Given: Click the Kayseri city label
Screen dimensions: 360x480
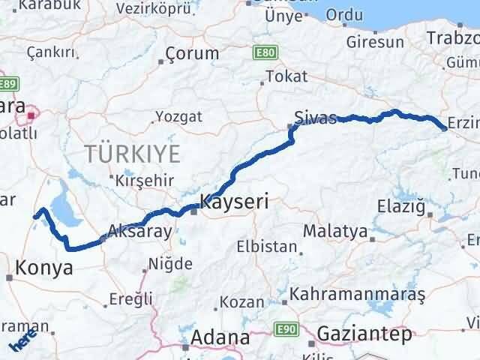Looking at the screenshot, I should pyautogui.click(x=234, y=202).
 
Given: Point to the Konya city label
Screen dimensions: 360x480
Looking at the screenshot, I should pyautogui.click(x=44, y=267).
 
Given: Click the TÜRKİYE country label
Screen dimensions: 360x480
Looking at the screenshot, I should pyautogui.click(x=132, y=155).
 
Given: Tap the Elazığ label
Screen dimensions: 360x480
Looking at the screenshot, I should pyautogui.click(x=404, y=205).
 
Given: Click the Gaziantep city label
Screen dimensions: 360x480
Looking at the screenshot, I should pyautogui.click(x=364, y=333).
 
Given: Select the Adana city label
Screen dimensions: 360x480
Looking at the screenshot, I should pyautogui.click(x=220, y=337).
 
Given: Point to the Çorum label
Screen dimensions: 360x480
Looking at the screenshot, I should pyautogui.click(x=192, y=54).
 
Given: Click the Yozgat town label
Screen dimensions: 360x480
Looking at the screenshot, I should pyautogui.click(x=178, y=116).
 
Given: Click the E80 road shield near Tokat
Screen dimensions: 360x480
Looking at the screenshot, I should pyautogui.click(x=264, y=54).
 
